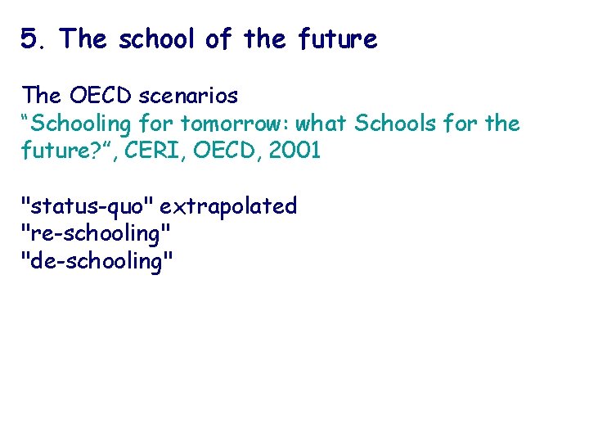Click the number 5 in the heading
pyautogui.click(x=30, y=38)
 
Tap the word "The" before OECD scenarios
pyautogui.click(x=38, y=96)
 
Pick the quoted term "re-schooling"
pyautogui.click(x=96, y=233)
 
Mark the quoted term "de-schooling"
pyautogui.click(x=97, y=261)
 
